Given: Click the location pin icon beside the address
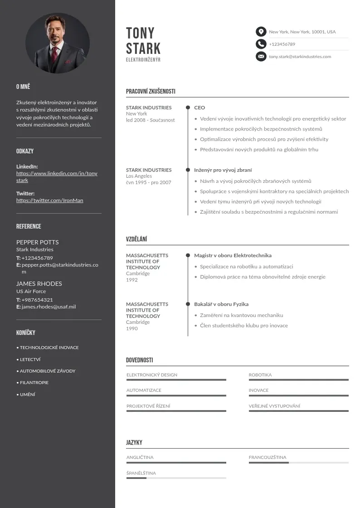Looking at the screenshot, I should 261,32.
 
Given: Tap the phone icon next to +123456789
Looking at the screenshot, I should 261,44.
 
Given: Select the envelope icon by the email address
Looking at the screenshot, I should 261,57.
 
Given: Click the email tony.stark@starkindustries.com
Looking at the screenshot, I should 300,57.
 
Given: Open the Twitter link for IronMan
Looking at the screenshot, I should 50,200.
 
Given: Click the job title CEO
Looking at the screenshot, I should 199,108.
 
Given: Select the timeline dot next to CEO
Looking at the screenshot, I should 188,108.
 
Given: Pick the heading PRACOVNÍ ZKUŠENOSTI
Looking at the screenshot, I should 151,92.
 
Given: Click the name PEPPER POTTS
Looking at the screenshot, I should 38,242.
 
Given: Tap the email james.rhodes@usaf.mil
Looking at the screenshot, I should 49,307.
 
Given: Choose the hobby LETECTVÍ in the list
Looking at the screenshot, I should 30,359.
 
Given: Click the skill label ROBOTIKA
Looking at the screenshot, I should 260,375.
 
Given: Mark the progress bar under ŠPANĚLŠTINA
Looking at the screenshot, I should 176,478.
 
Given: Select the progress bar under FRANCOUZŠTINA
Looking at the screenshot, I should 298,463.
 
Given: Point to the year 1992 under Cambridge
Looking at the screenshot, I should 132,280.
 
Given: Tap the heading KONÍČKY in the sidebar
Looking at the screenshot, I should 26,333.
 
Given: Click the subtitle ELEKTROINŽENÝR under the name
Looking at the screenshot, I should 143,60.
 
